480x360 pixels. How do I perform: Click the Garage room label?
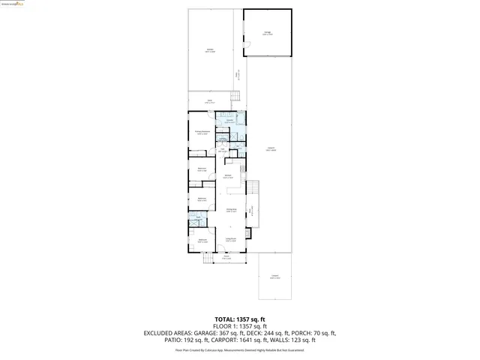pyautogui.click(x=268, y=33)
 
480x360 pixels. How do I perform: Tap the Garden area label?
pyautogui.click(x=210, y=50)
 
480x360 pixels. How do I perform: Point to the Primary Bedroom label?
pyautogui.click(x=201, y=132)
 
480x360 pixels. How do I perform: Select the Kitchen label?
pyautogui.click(x=227, y=176)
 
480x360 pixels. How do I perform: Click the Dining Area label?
pyautogui.click(x=232, y=211)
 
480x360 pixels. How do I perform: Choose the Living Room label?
pyautogui.click(x=231, y=240)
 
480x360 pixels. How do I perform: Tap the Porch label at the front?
pyautogui.click(x=226, y=257)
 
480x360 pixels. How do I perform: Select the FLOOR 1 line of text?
pyautogui.click(x=240, y=326)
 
